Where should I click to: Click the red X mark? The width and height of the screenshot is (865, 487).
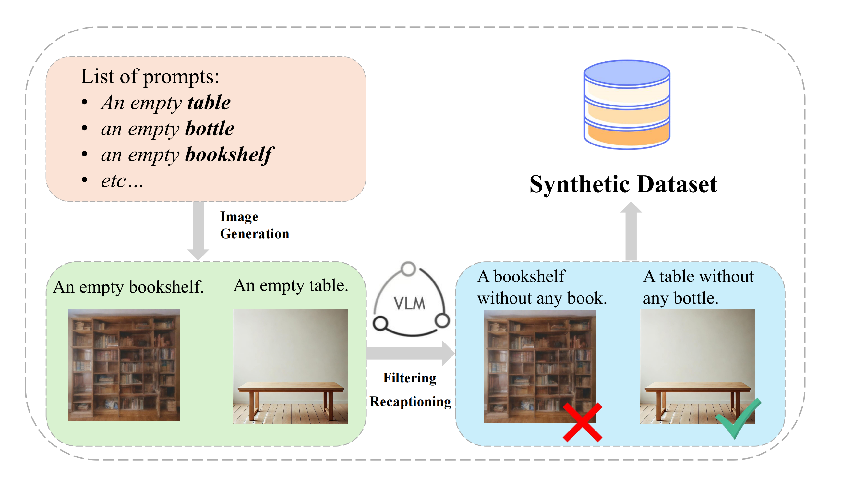[582, 422]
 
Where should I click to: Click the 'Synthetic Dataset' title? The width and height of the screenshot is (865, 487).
[623, 184]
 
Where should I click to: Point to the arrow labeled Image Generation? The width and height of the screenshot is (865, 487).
[198, 231]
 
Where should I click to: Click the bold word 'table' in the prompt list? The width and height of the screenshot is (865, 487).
[209, 103]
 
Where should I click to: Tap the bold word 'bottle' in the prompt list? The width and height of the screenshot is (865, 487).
[210, 129]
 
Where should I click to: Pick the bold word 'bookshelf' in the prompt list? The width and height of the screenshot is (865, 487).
[229, 155]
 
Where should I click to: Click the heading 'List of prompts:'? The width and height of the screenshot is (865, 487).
[150, 77]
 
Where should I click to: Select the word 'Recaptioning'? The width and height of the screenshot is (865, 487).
[410, 402]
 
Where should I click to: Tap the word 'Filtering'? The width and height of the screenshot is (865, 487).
[410, 378]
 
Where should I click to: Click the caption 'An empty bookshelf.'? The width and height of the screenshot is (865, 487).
[128, 287]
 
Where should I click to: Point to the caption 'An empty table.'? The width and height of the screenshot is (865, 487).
[291, 285]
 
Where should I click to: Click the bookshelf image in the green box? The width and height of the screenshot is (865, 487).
[124, 365]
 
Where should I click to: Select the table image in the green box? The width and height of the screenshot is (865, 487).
[291, 366]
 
